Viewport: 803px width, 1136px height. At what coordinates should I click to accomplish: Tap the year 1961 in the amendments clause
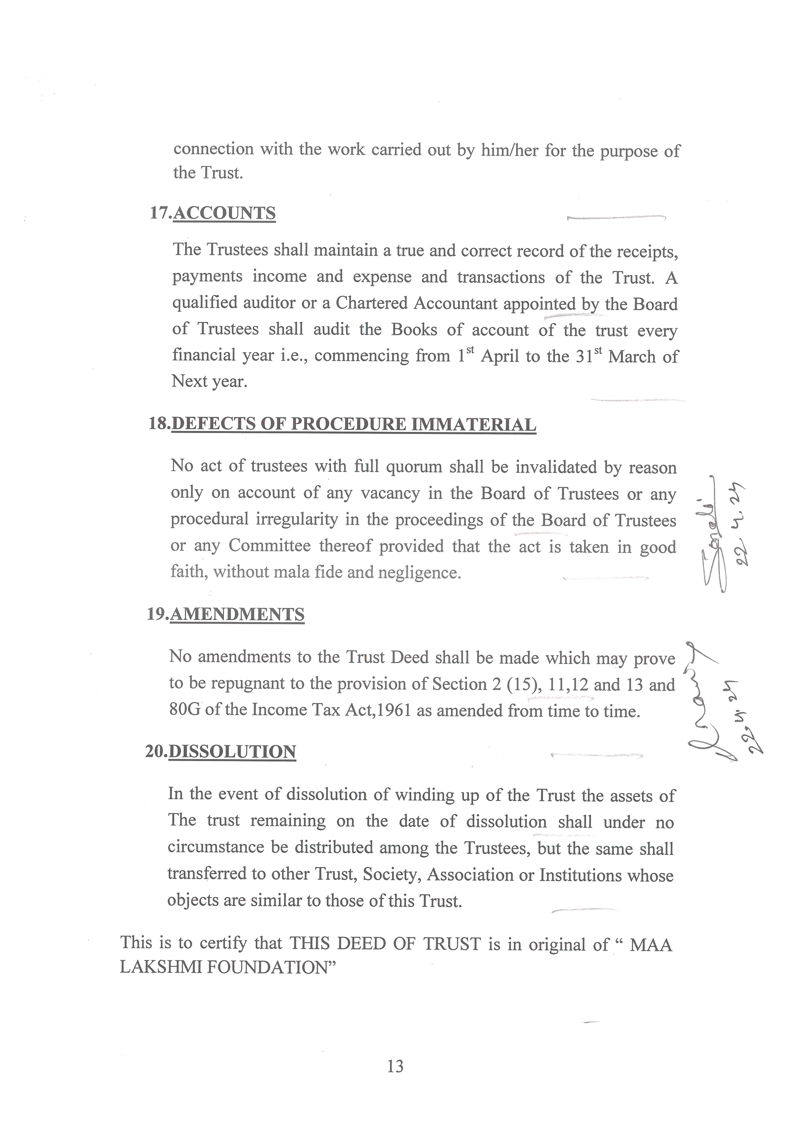(x=395, y=711)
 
